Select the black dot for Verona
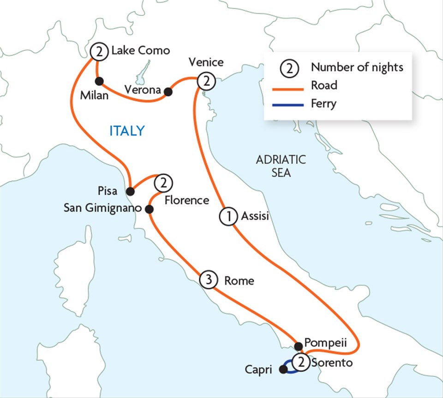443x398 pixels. [168, 92]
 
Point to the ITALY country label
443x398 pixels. [127, 131]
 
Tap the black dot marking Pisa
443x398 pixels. [131, 191]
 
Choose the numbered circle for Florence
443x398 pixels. [162, 183]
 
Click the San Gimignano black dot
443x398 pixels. [149, 209]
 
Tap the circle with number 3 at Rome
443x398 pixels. [209, 280]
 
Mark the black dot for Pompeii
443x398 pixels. [298, 346]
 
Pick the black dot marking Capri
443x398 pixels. [283, 369]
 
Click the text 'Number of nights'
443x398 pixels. [357, 67]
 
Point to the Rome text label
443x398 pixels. [239, 281]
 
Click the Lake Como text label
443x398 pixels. [140, 50]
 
